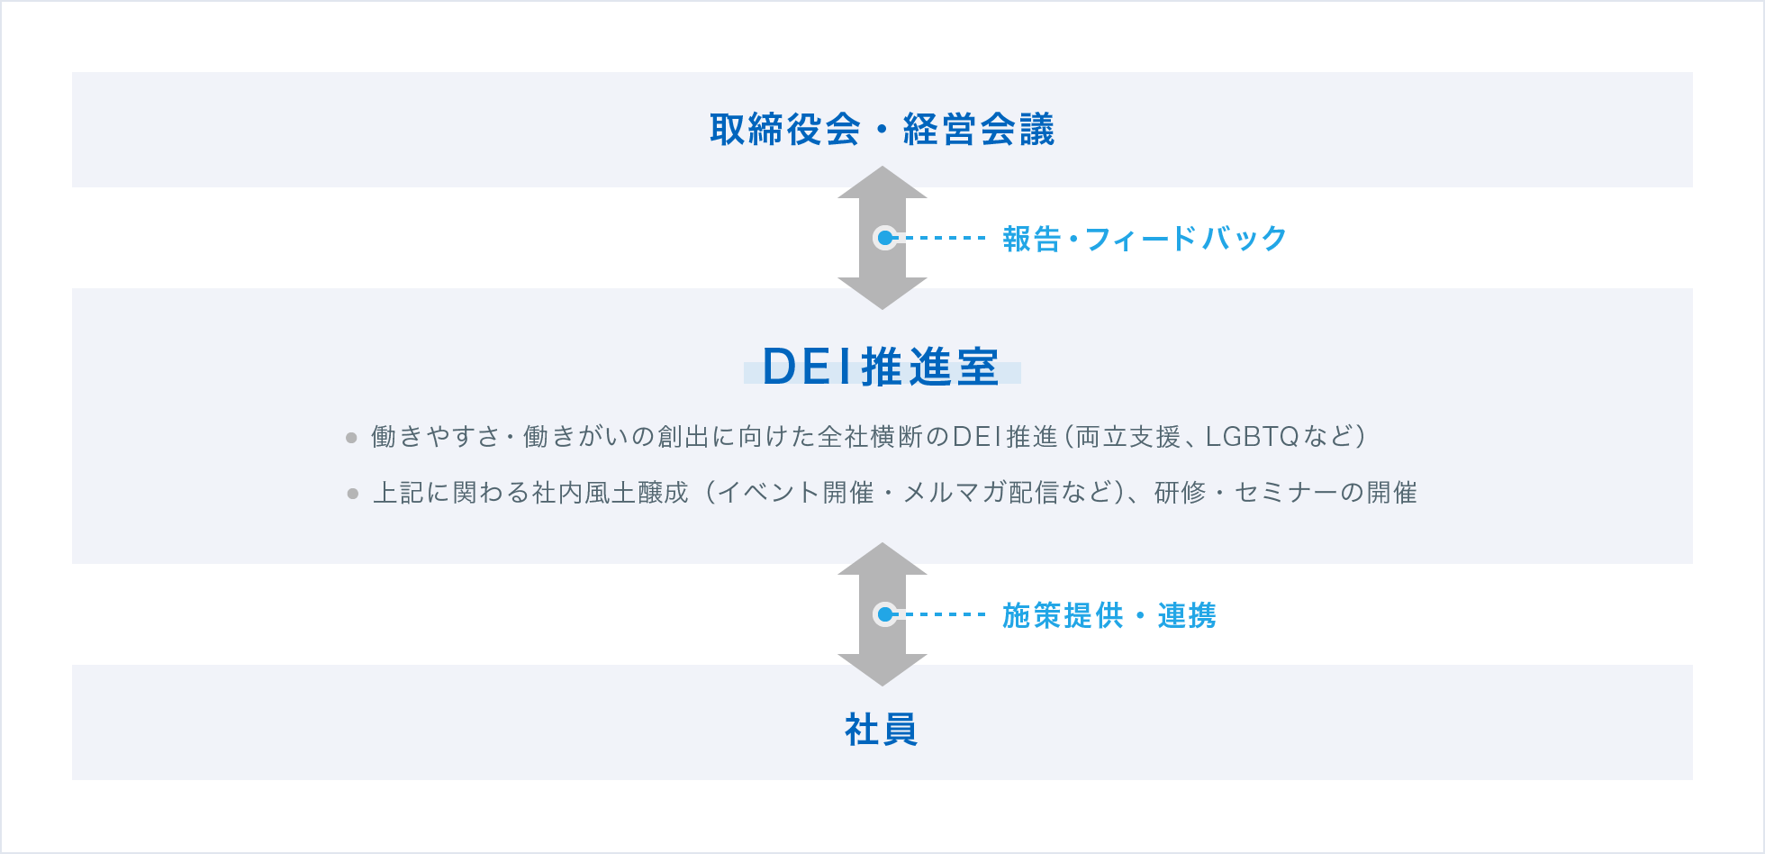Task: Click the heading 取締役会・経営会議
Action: coord(882,130)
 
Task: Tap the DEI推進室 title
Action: coord(881,367)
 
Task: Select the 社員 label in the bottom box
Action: coord(882,729)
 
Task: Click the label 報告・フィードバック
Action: coord(1145,239)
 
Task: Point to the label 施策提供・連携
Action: coord(1109,615)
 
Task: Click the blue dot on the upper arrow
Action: coord(885,238)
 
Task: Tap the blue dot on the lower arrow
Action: coord(885,614)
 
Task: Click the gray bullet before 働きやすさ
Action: coord(351,438)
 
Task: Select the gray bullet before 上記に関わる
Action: coord(353,494)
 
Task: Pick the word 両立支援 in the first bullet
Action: coord(1127,437)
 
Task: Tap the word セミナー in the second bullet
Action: coord(1286,493)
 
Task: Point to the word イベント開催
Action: coord(796,493)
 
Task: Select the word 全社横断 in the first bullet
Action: coord(870,437)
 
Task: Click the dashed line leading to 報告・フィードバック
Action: coord(941,238)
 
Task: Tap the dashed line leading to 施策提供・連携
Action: coord(941,614)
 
